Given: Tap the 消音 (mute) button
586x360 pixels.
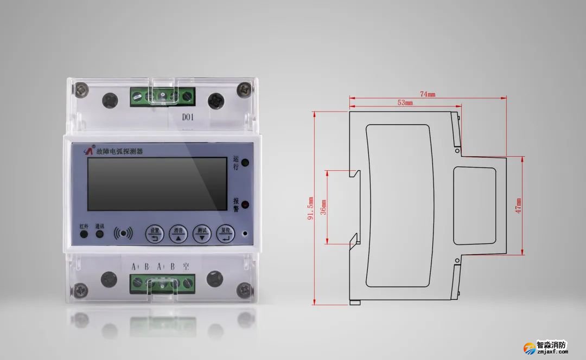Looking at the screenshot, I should (x=178, y=234).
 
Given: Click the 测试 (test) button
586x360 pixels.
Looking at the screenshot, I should (x=202, y=234).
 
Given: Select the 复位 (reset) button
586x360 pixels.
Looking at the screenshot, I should (x=226, y=234).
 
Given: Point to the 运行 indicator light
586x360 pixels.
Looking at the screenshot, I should (x=245, y=162).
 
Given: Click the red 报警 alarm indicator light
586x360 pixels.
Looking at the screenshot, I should (x=245, y=205).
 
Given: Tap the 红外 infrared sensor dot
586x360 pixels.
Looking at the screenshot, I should (x=84, y=235).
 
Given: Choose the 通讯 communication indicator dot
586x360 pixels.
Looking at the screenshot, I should (x=100, y=235).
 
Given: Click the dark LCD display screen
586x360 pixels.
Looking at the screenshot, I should (x=157, y=184).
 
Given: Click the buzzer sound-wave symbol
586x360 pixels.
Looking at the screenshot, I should (x=124, y=234).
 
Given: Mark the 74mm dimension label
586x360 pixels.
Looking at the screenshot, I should (x=428, y=94).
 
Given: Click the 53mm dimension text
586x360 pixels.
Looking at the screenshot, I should (x=405, y=102).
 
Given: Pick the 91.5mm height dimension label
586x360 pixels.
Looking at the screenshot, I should (x=310, y=208).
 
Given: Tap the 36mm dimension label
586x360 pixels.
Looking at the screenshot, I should (x=323, y=206).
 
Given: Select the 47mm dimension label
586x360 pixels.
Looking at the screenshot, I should (x=518, y=205).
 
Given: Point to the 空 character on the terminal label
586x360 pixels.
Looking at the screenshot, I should (x=186, y=267).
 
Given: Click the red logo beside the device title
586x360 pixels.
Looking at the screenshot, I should (x=90, y=151).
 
